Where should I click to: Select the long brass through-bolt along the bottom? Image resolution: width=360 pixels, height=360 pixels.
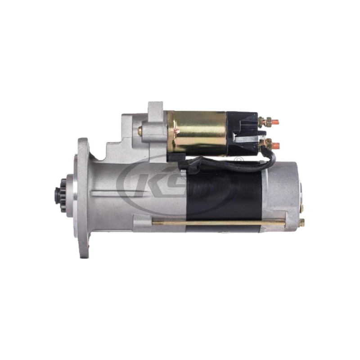pos(216,221)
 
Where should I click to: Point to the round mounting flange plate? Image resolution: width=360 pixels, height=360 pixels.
pos(84,198)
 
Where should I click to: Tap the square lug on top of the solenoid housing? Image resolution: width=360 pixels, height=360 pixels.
pos(154,108)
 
